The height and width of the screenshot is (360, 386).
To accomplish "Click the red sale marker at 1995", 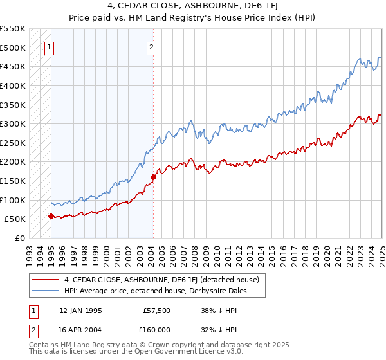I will [x=51, y=216].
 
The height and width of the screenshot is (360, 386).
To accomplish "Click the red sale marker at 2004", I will [x=153, y=177].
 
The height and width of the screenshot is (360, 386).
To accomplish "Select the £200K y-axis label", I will [x=13, y=161].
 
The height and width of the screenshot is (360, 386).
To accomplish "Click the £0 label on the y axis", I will [x=20, y=238].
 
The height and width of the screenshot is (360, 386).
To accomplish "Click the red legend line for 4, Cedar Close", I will [x=46, y=280].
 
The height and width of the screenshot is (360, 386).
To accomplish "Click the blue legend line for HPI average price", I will [x=46, y=291].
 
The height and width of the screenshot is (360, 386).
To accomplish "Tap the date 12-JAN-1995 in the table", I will [x=80, y=310].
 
